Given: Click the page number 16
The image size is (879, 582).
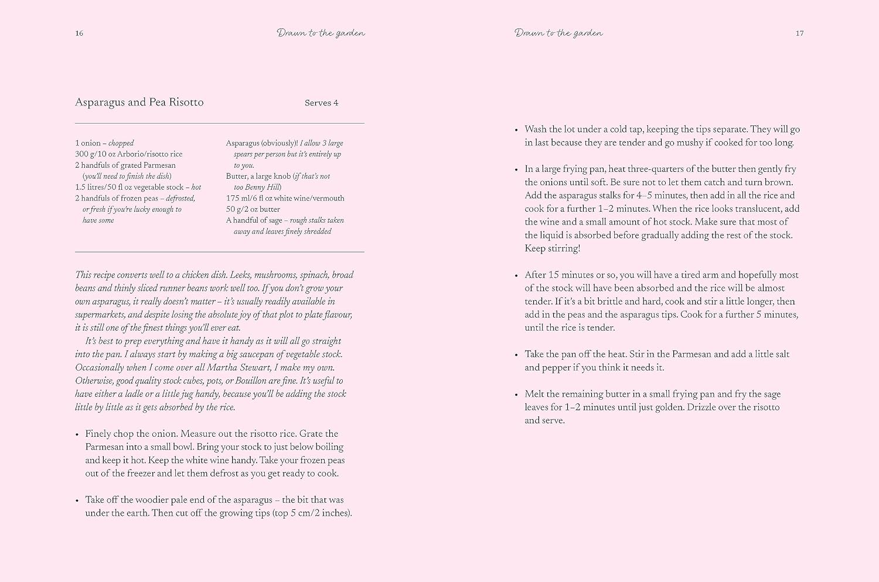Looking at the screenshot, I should click(79, 33).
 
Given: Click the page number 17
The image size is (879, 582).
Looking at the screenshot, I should click(799, 33).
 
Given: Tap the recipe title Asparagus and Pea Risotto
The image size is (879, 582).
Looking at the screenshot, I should click(139, 103).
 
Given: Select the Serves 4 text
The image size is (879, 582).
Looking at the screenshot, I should click(321, 103).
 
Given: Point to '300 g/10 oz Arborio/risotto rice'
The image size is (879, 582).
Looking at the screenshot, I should click(129, 154).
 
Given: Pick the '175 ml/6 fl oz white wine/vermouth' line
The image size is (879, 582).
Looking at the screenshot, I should click(285, 198).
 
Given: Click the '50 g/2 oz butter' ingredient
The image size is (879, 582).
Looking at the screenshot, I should click(253, 209).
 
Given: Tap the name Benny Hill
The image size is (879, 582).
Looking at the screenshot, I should click(264, 188).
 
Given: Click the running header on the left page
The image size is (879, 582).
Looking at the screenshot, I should click(321, 33).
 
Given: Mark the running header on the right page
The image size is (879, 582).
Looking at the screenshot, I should click(558, 33).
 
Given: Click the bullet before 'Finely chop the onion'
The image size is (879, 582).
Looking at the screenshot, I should click(77, 434).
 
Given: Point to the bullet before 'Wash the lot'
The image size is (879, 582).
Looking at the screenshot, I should click(516, 130).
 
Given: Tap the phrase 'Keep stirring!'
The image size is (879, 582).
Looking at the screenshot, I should click(552, 249).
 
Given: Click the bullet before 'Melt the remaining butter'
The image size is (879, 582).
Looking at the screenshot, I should click(516, 395).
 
